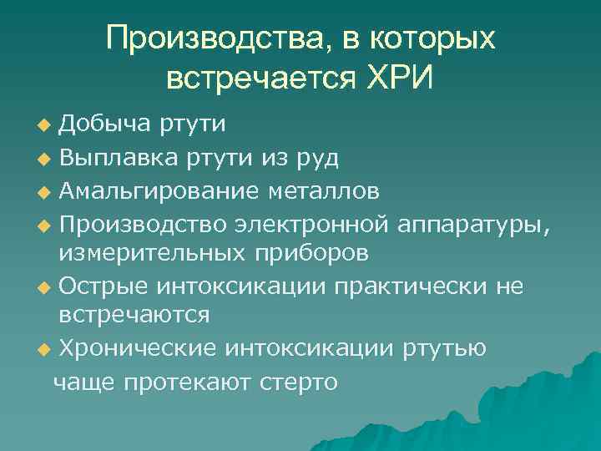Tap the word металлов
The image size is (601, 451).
pyautogui.click(x=325, y=192)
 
